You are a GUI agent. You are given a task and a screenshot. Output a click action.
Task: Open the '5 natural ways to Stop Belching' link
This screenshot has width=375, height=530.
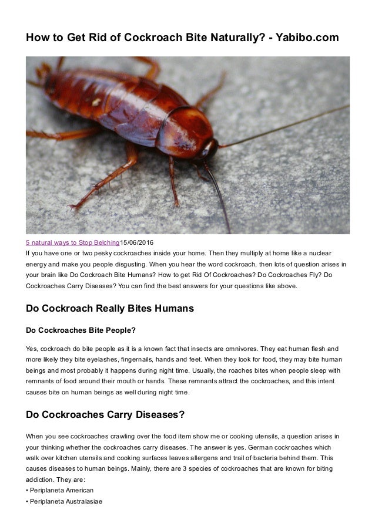(x=72, y=242)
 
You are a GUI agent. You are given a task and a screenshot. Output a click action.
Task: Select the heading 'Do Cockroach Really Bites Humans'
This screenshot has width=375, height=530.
(x=110, y=308)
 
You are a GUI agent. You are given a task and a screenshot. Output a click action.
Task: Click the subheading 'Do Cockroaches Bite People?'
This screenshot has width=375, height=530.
(x=81, y=329)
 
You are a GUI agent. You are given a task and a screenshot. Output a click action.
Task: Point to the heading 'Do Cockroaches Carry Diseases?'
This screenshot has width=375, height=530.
(x=106, y=415)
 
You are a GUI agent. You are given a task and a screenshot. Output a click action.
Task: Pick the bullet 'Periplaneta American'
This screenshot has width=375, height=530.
(x=62, y=490)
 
